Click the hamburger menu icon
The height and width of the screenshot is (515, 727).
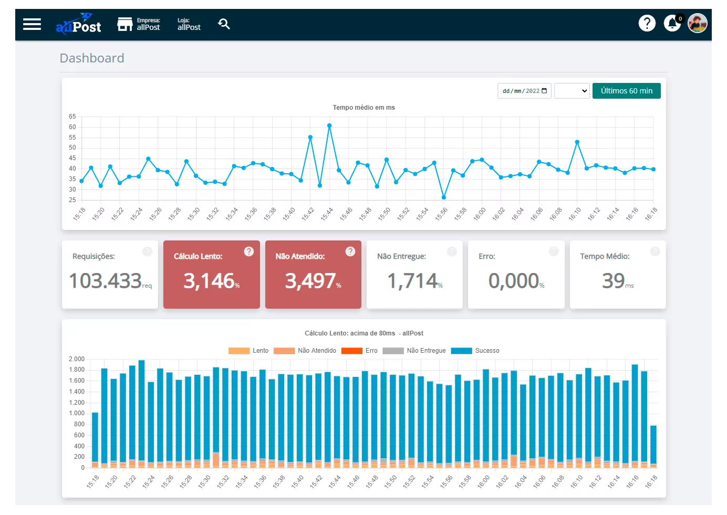coord(32,24)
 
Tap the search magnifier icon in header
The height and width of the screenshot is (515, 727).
coord(224,24)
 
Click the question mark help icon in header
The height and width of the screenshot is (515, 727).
coord(647,23)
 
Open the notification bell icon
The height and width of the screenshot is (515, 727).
coord(672,23)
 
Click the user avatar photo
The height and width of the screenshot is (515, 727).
coord(697,23)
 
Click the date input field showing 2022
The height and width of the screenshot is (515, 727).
coord(524,91)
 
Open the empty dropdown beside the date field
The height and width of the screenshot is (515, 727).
coord(572,91)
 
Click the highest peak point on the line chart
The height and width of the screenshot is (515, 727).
coord(329,126)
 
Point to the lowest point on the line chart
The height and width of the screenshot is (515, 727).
coord(444,197)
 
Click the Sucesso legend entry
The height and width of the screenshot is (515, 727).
coord(475,351)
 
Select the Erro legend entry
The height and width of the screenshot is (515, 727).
coord(359,351)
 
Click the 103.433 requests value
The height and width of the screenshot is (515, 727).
coord(106,281)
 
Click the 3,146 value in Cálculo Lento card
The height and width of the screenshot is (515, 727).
coord(209,281)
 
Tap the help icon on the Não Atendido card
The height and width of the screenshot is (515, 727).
coord(350,251)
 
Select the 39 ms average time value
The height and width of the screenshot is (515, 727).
coord(614,281)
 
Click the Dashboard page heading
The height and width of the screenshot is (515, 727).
coord(92,58)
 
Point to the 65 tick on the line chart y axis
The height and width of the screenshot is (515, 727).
coord(72,117)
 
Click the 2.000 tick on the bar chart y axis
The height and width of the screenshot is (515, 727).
coord(77,359)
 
